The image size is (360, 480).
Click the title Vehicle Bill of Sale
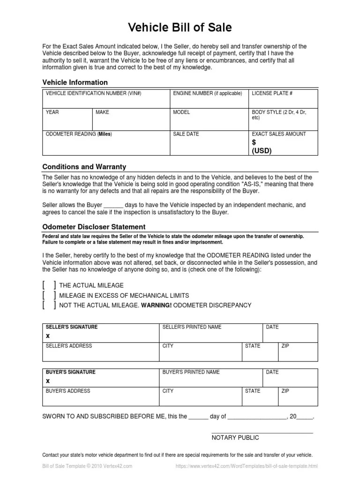180,28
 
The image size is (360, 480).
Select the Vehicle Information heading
75,82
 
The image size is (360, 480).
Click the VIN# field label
93,94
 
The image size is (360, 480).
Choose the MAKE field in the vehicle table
131,120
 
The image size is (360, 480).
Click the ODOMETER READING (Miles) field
106,143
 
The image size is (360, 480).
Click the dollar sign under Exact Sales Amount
254,142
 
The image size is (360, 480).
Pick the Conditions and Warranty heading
84,167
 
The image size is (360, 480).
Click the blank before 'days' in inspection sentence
113,205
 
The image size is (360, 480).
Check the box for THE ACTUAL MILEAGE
49,285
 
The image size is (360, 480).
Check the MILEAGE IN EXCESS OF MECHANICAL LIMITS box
49,295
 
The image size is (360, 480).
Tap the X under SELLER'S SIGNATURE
47,336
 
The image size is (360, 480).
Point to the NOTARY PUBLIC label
235,437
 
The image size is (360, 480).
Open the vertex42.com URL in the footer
247,466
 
